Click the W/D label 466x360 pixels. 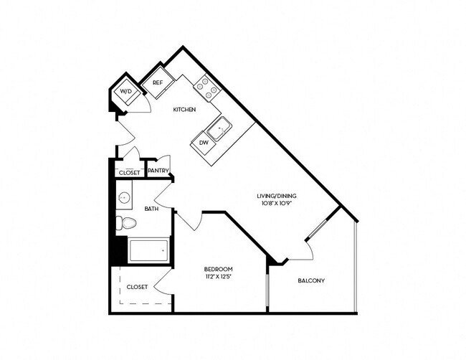click(x=126, y=93)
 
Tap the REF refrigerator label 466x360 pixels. click(x=158, y=83)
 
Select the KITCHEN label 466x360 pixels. click(x=184, y=110)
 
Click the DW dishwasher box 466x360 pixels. click(x=204, y=143)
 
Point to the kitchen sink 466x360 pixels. click(x=219, y=129)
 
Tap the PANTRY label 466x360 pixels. click(x=158, y=171)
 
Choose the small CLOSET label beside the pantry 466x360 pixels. click(x=129, y=173)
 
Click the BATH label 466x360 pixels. click(x=151, y=209)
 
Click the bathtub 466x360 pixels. click(x=148, y=250)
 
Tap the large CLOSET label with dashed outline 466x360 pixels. click(x=137, y=287)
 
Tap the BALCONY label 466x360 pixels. click(x=311, y=280)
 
